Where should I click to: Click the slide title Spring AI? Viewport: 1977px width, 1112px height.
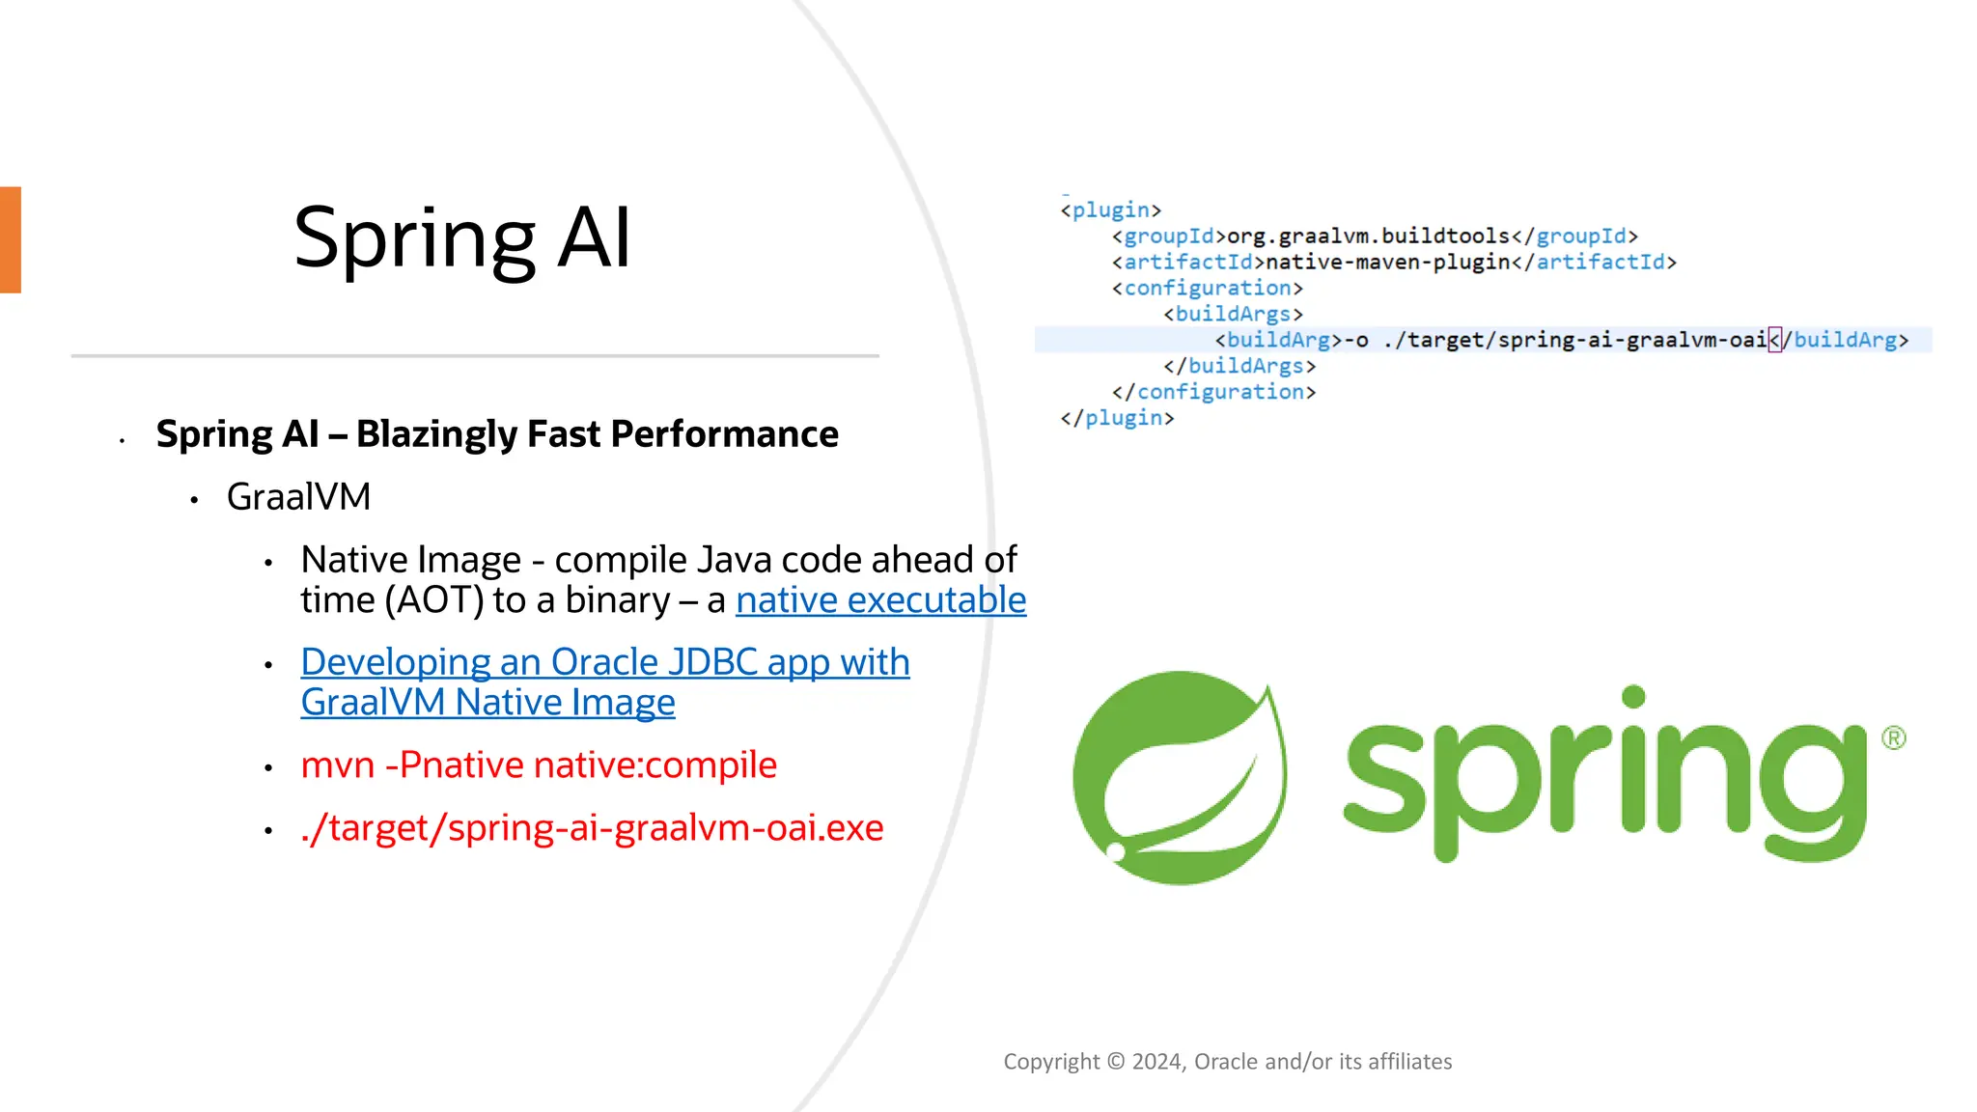(x=462, y=238)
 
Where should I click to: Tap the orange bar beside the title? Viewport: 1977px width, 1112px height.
(x=11, y=239)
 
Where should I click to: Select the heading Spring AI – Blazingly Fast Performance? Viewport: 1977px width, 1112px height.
(x=497, y=434)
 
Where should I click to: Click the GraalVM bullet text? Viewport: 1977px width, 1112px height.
(x=298, y=497)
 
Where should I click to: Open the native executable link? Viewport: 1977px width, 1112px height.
(x=880, y=600)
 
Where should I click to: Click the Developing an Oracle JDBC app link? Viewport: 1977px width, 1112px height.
(x=604, y=663)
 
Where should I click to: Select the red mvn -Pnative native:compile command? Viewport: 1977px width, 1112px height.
(x=539, y=765)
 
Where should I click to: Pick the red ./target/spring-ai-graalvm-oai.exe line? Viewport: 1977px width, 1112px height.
(x=592, y=828)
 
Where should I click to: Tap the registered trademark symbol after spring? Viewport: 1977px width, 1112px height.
(x=1893, y=738)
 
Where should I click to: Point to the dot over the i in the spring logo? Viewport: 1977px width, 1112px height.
(x=1633, y=697)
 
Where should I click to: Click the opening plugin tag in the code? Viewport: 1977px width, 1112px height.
(x=1110, y=210)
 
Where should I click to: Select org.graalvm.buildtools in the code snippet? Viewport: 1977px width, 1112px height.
(x=1368, y=236)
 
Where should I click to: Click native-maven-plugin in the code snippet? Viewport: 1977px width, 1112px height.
(x=1387, y=263)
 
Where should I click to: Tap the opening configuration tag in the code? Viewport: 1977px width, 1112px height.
(x=1207, y=289)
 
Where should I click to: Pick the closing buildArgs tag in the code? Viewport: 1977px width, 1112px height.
(x=1239, y=366)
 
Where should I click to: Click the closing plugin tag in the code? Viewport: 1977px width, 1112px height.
(x=1117, y=418)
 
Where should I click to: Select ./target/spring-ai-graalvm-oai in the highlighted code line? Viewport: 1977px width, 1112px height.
(x=1574, y=340)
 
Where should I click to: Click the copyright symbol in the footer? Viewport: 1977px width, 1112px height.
(x=1116, y=1062)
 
